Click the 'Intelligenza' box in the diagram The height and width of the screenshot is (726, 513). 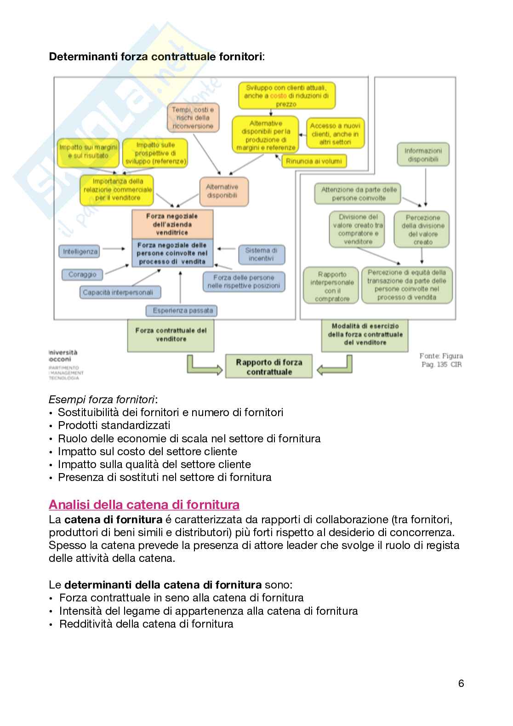point(80,252)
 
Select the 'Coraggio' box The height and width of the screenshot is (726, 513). point(82,274)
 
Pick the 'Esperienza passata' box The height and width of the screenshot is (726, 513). point(182,310)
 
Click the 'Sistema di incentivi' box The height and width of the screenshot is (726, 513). point(261,254)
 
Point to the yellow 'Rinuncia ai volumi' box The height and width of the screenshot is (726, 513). point(314,161)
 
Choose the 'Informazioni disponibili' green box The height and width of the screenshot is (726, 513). point(423,155)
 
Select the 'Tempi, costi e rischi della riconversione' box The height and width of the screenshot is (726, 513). point(193,118)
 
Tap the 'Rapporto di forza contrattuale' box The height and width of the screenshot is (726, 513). point(269,367)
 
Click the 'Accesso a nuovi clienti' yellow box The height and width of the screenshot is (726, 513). point(335,134)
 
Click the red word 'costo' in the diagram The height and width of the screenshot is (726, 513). point(278,96)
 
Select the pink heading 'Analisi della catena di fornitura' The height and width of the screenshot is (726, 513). point(144,505)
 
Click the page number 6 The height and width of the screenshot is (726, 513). point(461,683)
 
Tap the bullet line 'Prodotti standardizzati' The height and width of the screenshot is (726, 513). point(114,425)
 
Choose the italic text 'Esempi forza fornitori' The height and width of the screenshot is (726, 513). point(102,399)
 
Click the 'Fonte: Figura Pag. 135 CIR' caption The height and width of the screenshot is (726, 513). point(441,360)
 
